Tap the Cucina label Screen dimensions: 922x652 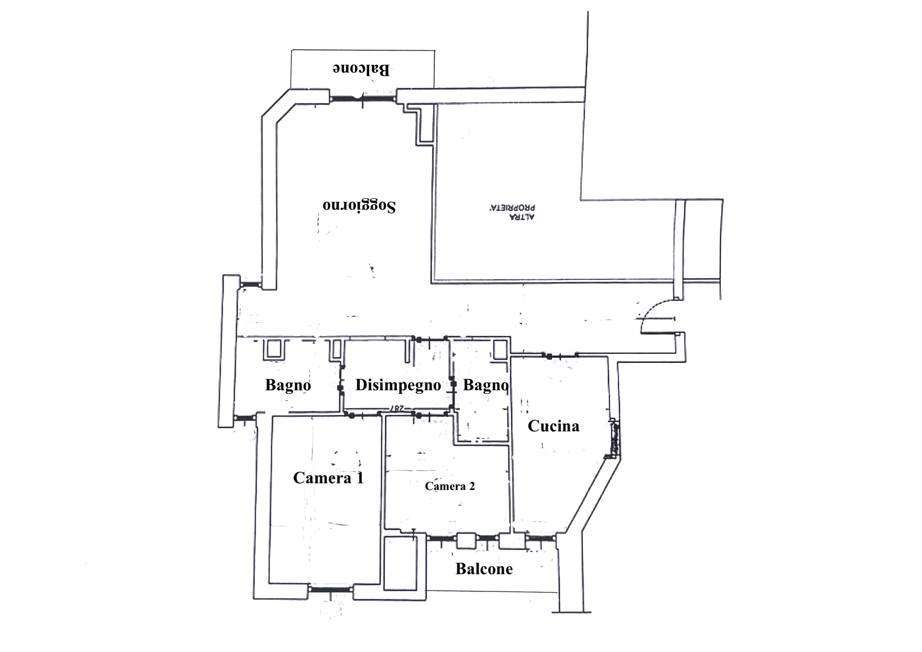[x=553, y=426]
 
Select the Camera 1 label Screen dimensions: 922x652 [x=328, y=478]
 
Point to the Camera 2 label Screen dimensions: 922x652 [x=450, y=486]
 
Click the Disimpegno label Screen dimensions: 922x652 [x=398, y=385]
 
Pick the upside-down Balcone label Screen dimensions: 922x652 [x=361, y=69]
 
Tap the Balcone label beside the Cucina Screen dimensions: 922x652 [x=484, y=569]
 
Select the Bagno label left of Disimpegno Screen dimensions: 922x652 [x=288, y=385]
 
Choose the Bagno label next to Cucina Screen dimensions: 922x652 [x=486, y=385]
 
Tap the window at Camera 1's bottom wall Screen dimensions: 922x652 [x=331, y=589]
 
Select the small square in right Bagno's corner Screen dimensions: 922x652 [x=500, y=349]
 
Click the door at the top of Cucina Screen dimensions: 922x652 [x=561, y=356]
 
